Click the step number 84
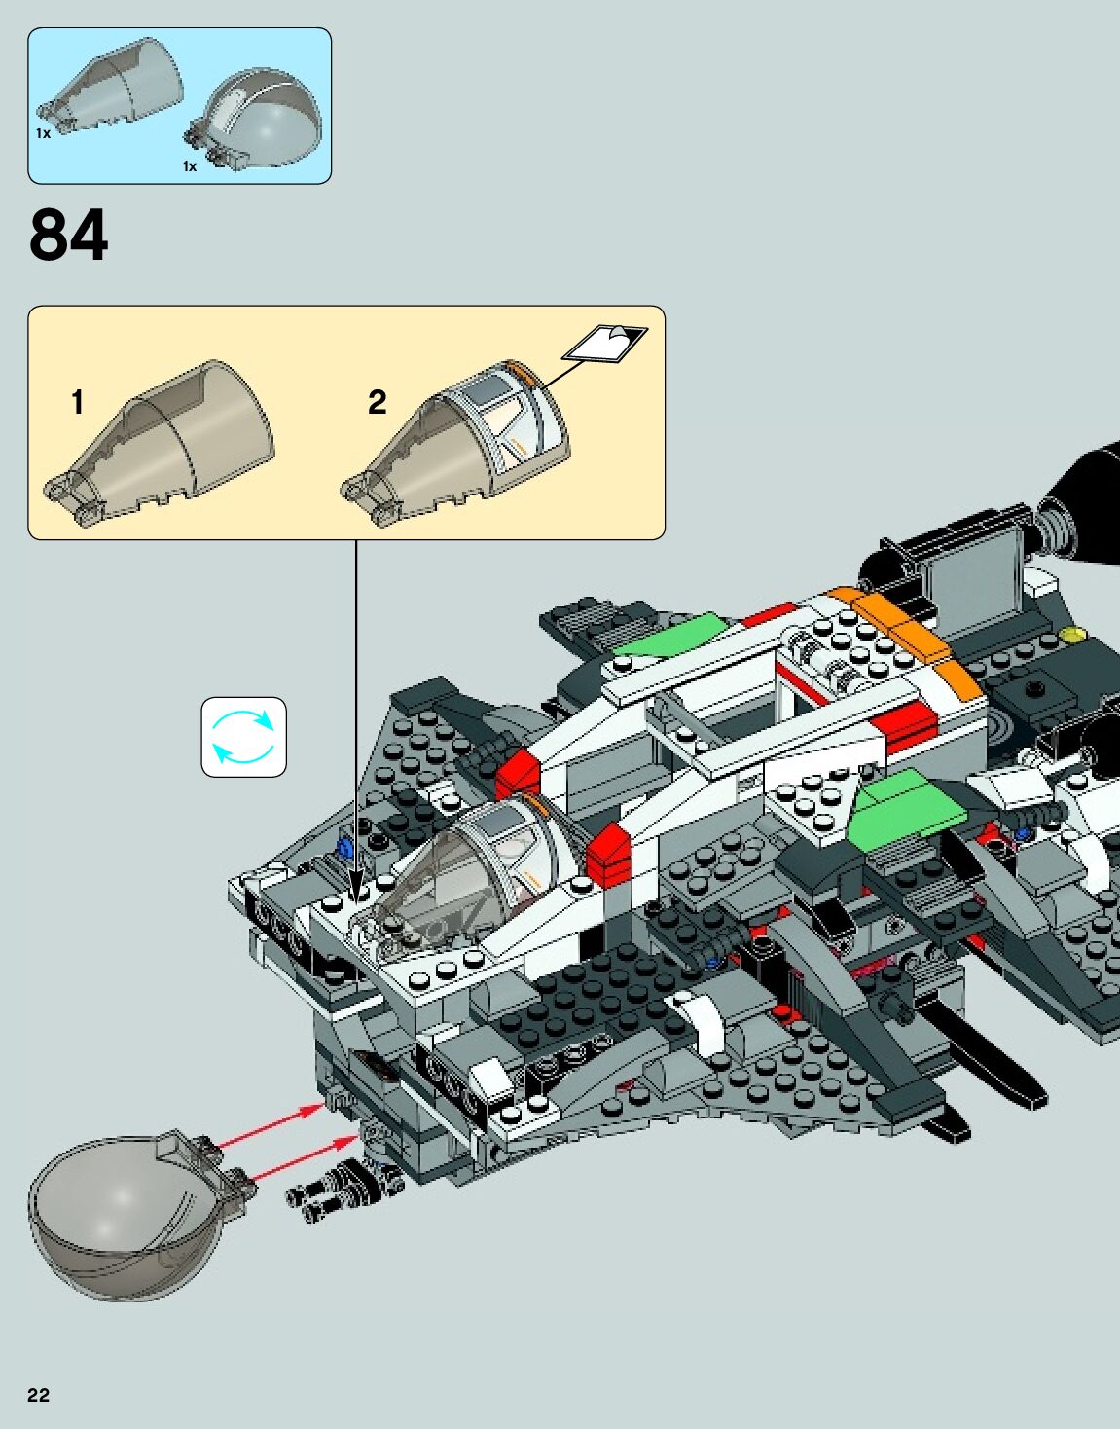coord(68,237)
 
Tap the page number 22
coord(38,1395)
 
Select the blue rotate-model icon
coord(243,737)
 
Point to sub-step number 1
coord(78,402)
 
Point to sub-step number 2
coord(378,402)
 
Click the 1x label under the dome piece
coord(190,166)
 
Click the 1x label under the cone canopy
coord(43,133)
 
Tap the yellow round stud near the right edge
coord(1072,636)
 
